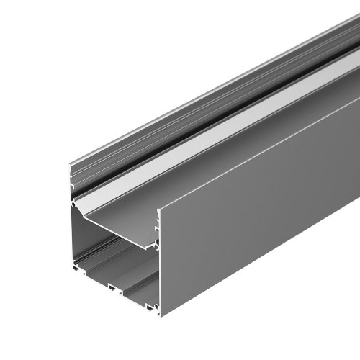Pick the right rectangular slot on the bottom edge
(x=151, y=307)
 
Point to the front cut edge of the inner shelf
(x=115, y=229)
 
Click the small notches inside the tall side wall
(x=155, y=245)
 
